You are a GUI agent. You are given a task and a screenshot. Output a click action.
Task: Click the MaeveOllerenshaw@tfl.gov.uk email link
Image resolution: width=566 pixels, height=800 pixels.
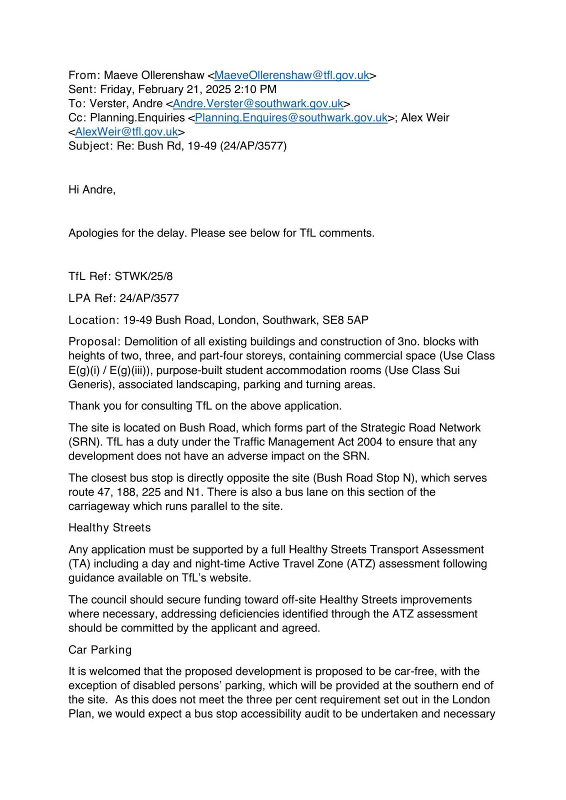click(x=291, y=75)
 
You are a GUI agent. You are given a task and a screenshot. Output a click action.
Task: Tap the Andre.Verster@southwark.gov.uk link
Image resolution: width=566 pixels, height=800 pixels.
click(x=257, y=103)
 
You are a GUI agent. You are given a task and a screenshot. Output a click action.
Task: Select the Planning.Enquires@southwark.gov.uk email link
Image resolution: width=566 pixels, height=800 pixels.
click(x=291, y=117)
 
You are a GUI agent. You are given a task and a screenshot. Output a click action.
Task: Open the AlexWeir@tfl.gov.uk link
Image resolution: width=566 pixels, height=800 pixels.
click(x=126, y=131)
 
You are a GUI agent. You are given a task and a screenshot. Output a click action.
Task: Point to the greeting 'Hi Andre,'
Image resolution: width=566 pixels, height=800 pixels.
click(x=92, y=189)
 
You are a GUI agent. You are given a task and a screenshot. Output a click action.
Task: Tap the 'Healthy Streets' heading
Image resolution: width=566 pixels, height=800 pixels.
click(x=109, y=527)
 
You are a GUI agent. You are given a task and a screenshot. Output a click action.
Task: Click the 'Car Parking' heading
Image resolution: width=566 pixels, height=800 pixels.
click(x=100, y=649)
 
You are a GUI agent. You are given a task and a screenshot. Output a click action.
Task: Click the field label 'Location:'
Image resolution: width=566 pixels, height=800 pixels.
click(x=94, y=320)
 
